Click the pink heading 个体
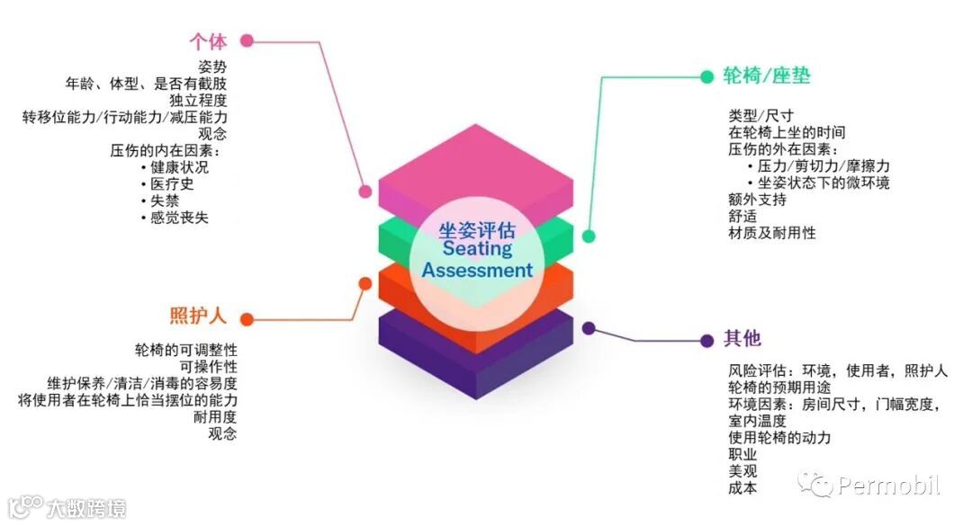(x=208, y=41)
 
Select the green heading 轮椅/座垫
(x=767, y=76)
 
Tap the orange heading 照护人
(x=198, y=316)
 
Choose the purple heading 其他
(x=742, y=339)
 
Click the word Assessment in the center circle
(x=477, y=270)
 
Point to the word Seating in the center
(x=477, y=249)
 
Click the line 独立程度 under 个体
(x=198, y=100)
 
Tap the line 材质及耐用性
(x=772, y=234)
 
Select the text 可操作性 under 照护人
(x=209, y=367)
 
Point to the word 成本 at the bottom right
(x=742, y=488)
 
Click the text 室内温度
(x=757, y=421)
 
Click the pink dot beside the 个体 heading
(x=247, y=40)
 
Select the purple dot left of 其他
(x=706, y=340)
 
